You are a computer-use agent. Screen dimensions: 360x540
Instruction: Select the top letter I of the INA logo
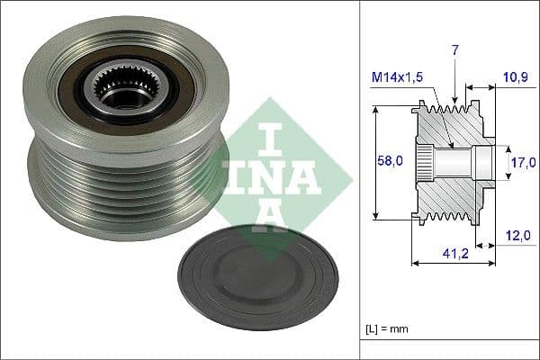(x=269, y=139)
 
